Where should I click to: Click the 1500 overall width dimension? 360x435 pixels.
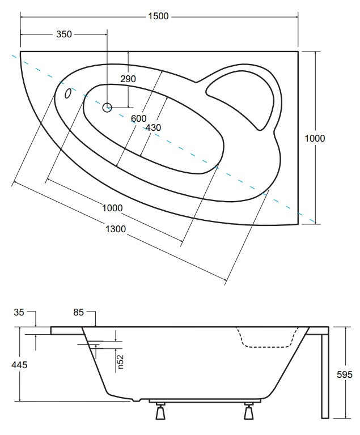click(158, 16)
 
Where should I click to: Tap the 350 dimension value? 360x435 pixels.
click(64, 34)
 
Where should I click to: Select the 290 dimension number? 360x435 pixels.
click(128, 79)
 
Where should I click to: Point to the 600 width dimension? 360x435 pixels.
click(138, 118)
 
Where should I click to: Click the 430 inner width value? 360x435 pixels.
click(153, 127)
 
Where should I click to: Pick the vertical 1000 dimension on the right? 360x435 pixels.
click(315, 138)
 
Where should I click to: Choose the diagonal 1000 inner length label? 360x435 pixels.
click(112, 208)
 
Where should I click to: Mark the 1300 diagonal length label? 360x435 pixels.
click(116, 229)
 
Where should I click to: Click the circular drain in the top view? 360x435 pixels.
click(107, 107)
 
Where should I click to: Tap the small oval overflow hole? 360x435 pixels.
click(68, 93)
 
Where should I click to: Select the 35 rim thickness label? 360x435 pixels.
click(19, 312)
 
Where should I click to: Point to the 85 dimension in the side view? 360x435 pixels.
click(79, 312)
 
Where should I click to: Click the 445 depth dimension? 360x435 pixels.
click(19, 365)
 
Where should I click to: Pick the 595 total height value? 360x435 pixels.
click(345, 374)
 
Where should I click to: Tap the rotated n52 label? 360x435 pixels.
click(120, 362)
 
